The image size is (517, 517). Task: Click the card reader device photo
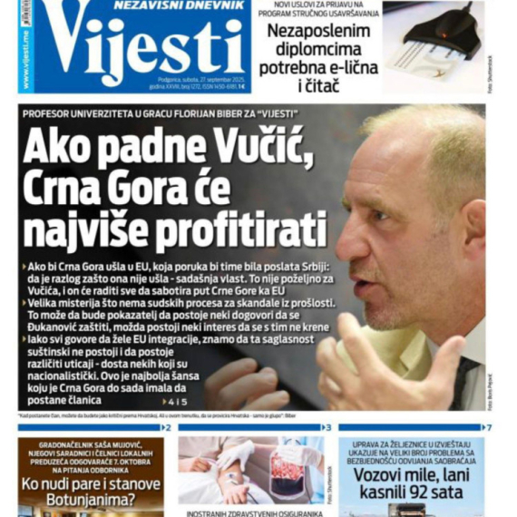tap(434, 41)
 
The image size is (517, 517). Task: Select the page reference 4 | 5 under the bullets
tap(177, 402)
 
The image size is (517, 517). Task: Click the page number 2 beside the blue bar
tap(167, 427)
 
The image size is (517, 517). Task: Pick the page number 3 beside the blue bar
tap(327, 427)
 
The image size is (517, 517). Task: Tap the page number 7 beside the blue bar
tap(488, 427)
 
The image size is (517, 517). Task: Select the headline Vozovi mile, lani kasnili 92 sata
tap(411, 483)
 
